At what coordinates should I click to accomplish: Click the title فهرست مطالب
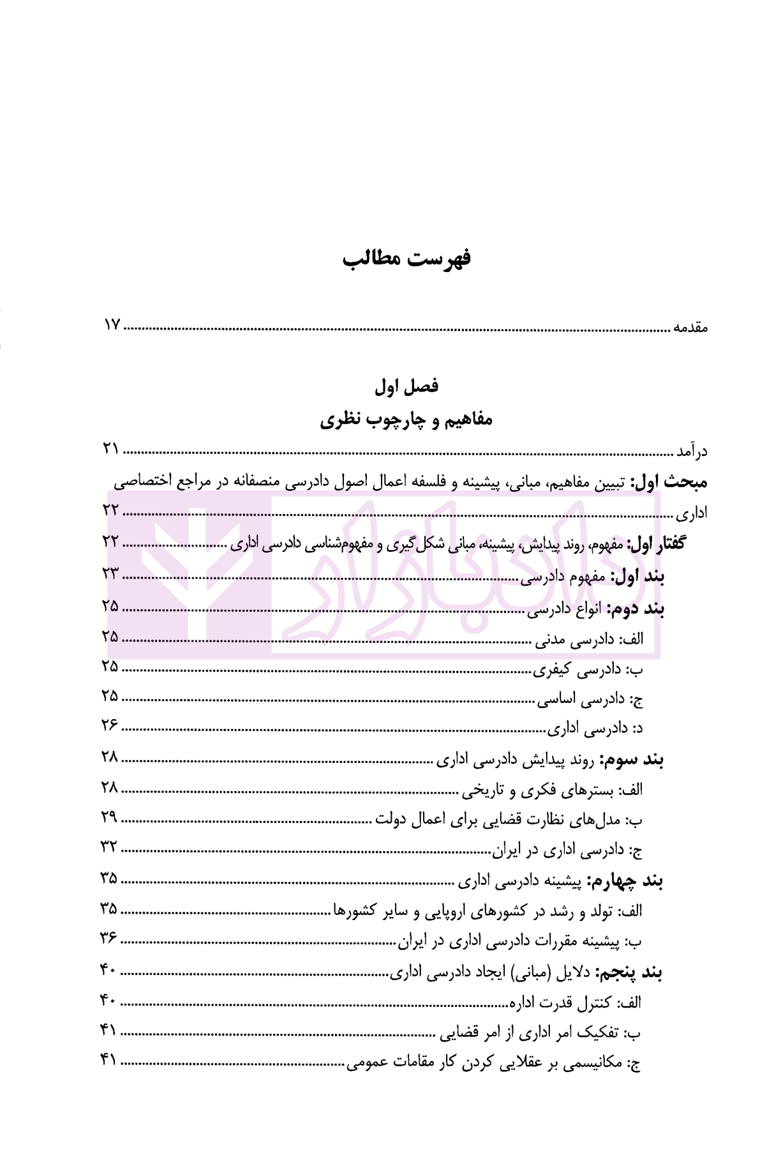[x=406, y=259]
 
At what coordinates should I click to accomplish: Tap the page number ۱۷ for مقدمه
[x=112, y=325]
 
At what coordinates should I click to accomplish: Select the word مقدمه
[x=690, y=328]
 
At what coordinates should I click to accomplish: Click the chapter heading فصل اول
[x=406, y=386]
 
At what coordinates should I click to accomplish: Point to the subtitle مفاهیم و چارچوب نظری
[x=406, y=420]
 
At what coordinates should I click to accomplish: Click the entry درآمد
[x=692, y=451]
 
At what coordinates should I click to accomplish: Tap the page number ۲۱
[x=111, y=448]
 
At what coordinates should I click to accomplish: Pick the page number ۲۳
[x=111, y=573]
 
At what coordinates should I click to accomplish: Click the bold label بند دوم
[x=636, y=609]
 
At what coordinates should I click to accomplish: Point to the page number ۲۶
[x=110, y=725]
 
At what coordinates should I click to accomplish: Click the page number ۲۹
[x=110, y=817]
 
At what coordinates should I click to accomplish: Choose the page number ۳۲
[x=109, y=847]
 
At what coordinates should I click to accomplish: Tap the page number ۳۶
[x=109, y=938]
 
